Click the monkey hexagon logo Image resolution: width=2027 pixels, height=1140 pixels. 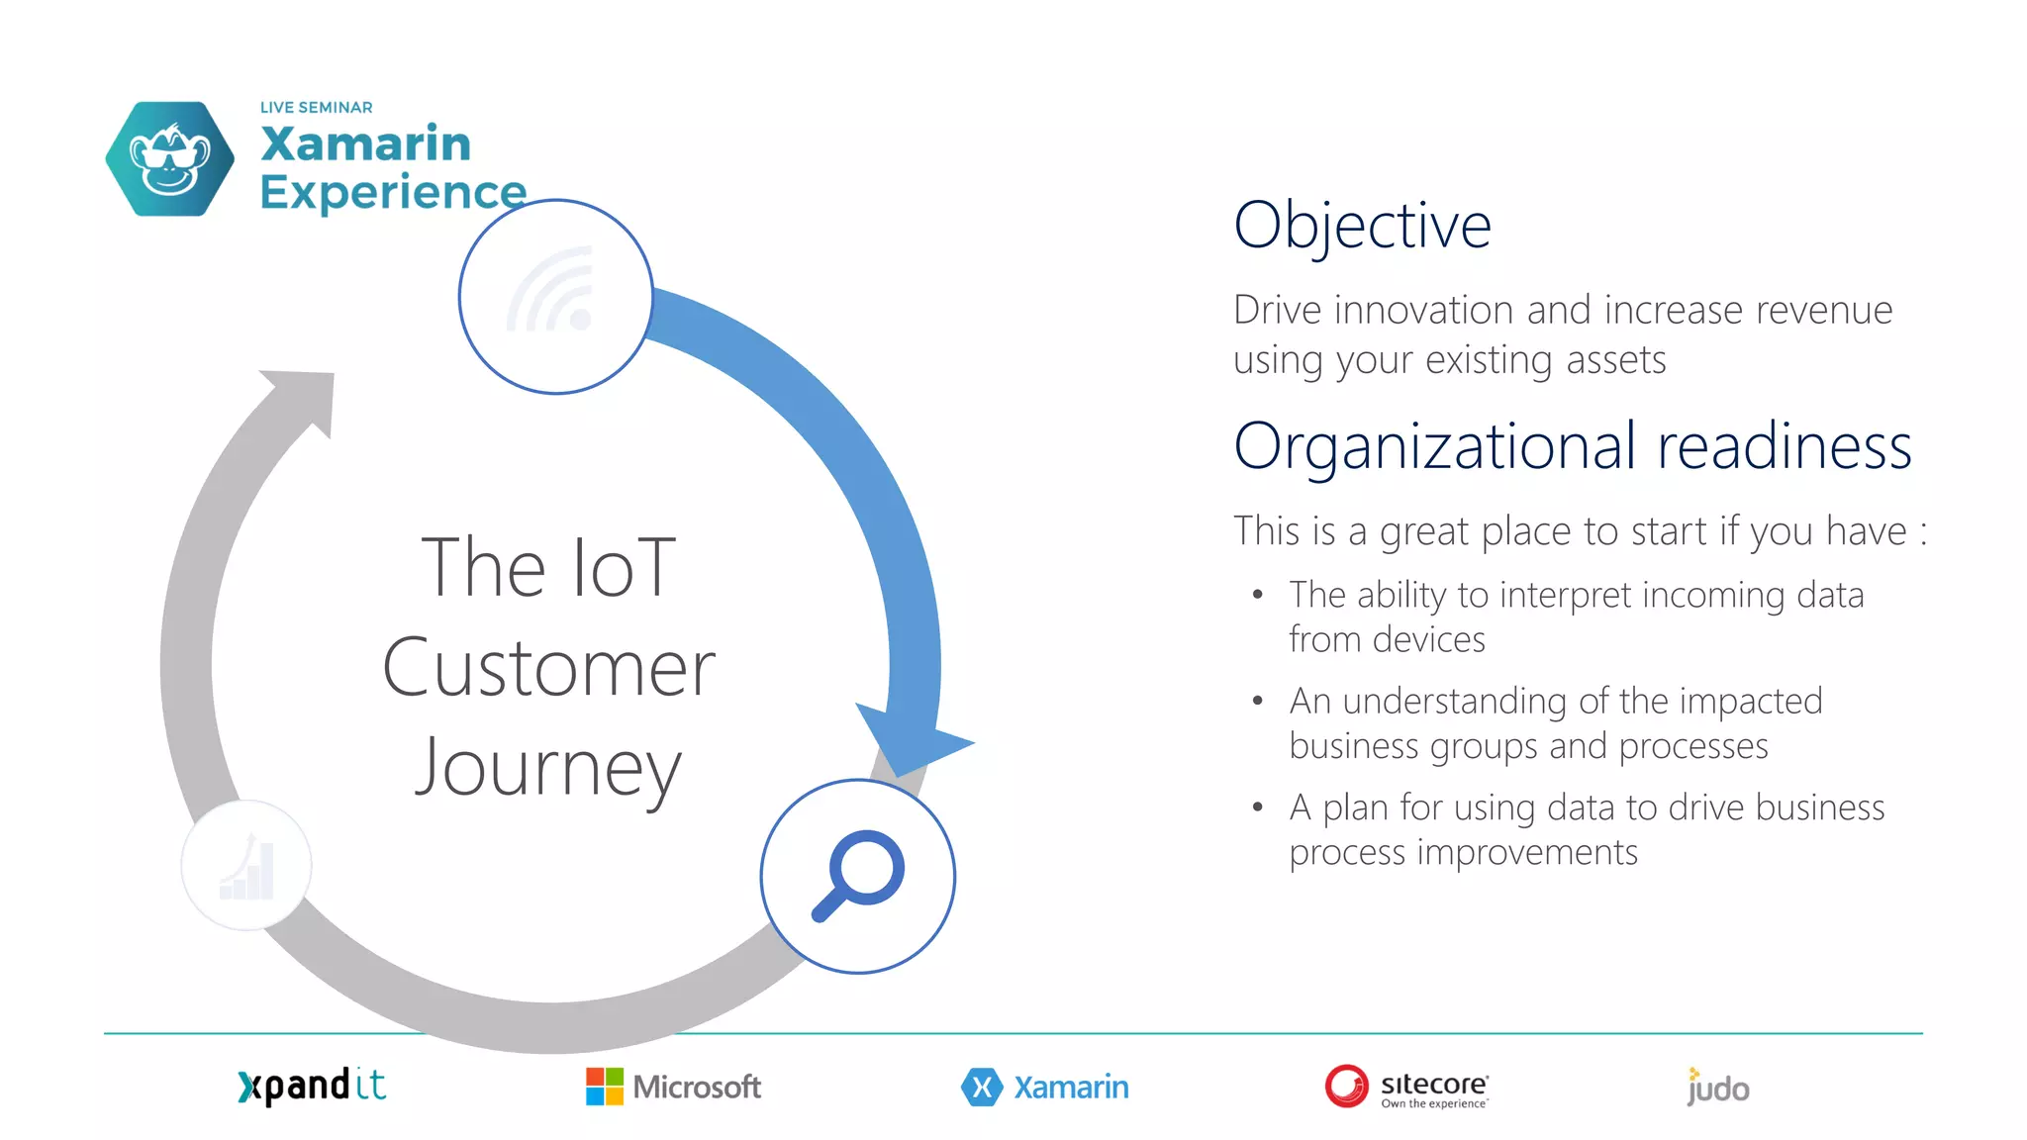(170, 159)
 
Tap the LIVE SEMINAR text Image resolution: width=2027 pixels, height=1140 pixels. (316, 107)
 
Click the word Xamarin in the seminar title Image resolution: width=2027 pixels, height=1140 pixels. (365, 144)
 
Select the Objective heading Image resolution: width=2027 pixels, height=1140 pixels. (1362, 226)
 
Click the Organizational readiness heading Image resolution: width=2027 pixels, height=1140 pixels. (1572, 446)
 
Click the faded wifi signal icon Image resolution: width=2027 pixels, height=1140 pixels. (553, 292)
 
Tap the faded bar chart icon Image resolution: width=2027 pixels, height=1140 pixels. (247, 867)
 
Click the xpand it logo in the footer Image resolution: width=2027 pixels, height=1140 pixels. (312, 1087)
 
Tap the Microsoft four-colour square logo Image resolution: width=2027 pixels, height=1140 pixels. (605, 1087)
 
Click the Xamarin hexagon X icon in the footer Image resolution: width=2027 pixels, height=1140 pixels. (981, 1088)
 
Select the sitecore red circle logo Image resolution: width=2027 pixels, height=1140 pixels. (1346, 1087)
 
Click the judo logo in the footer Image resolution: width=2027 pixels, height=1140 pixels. (1718, 1088)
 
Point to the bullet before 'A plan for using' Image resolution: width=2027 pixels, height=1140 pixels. (1257, 807)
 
